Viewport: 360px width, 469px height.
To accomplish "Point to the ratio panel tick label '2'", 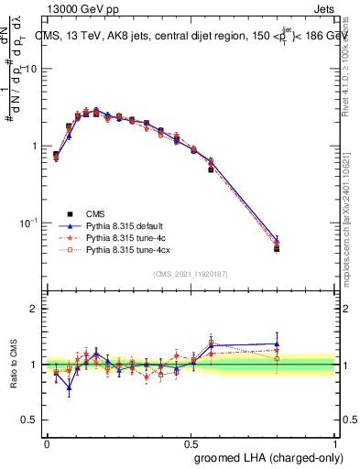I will click(x=34, y=309).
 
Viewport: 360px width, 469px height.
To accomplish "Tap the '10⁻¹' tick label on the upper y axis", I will click(x=29, y=223).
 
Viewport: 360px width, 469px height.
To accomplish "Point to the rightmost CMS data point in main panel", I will click(x=277, y=248).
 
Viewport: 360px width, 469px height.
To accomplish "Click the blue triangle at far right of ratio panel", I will click(x=277, y=344).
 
